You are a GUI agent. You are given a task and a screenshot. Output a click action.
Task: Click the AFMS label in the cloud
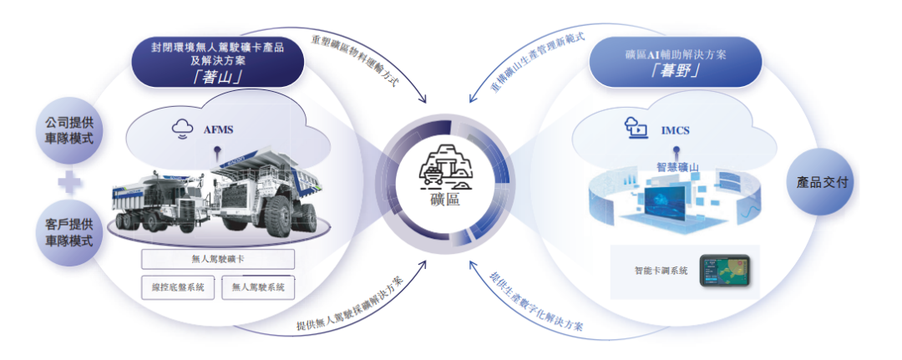[218, 130]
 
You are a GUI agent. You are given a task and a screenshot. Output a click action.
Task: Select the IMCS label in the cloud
[675, 131]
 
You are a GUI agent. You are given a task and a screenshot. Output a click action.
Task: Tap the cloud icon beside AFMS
[182, 130]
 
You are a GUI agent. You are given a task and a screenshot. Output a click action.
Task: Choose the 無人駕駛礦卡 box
[218, 260]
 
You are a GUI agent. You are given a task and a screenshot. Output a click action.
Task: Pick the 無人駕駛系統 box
[258, 286]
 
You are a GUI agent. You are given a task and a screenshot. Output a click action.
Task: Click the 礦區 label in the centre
[444, 200]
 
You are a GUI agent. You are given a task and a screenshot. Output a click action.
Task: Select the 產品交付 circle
[821, 182]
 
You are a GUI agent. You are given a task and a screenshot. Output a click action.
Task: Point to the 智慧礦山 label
[677, 167]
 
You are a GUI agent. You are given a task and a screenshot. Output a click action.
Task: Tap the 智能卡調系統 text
[661, 271]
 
